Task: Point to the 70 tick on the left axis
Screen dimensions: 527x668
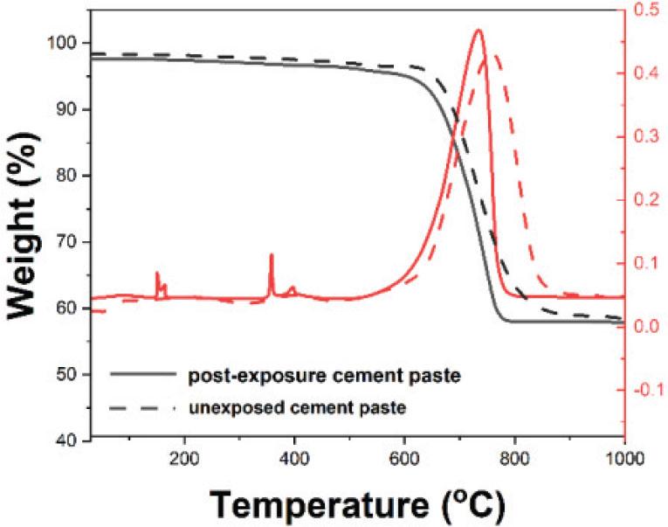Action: pos(70,242)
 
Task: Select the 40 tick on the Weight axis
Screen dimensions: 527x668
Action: pos(70,440)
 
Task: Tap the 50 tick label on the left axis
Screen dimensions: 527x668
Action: pos(70,375)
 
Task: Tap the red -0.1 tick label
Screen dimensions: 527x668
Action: pos(647,389)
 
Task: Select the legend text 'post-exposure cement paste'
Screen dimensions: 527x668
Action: pos(324,376)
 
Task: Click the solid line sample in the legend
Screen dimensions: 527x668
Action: pos(142,375)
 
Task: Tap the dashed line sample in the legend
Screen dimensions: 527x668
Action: pos(142,406)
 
